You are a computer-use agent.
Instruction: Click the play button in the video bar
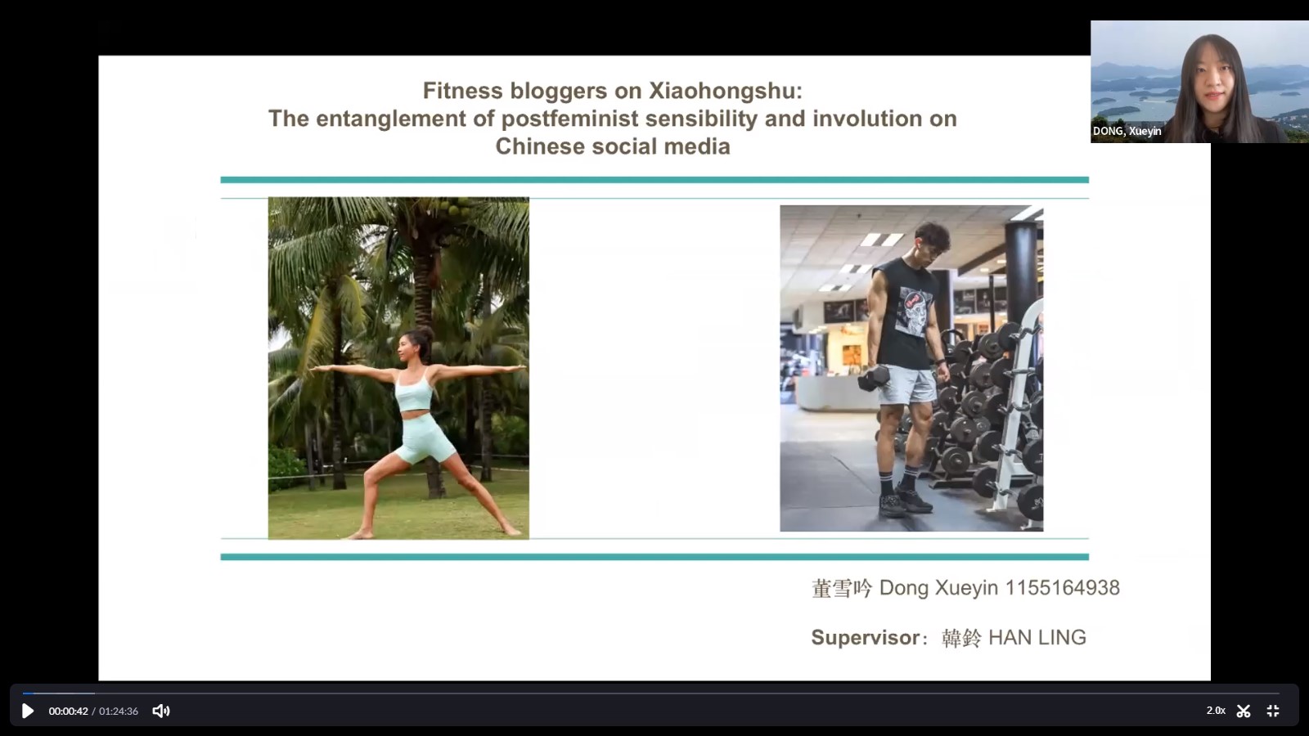28,711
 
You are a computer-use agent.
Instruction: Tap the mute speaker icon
160,711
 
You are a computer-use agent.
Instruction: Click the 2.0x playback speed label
1216,711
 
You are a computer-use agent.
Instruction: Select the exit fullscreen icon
1273,711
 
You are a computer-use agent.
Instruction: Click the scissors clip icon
1244,711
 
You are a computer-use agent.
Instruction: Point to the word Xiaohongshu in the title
726,91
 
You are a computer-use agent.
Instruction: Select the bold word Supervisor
866,637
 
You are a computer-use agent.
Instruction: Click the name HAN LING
1037,637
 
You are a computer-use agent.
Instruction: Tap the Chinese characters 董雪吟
842,588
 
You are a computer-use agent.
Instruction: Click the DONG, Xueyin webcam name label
1127,131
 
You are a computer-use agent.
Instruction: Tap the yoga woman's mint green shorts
425,438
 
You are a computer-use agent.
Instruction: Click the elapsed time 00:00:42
69,711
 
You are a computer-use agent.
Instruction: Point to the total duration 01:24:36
119,711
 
